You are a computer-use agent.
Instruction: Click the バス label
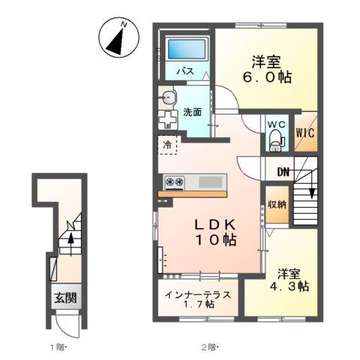click(185, 71)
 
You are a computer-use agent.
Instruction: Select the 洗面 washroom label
click(192, 112)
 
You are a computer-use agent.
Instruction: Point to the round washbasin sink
click(167, 96)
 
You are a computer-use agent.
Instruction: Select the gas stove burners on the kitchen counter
click(175, 181)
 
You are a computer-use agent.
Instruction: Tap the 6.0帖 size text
click(266, 76)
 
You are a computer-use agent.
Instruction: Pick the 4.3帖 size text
click(290, 286)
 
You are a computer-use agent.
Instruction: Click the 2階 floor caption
click(208, 347)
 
